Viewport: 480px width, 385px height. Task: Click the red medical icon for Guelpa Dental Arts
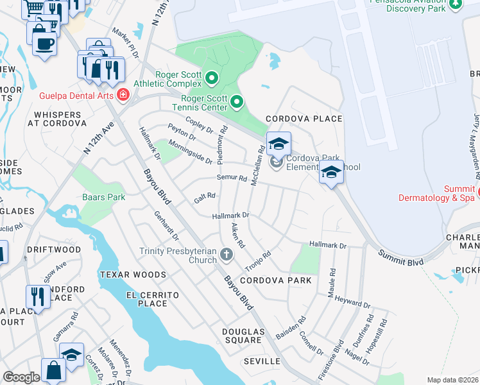click(x=123, y=96)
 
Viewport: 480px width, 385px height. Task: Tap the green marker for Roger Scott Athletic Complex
click(x=212, y=79)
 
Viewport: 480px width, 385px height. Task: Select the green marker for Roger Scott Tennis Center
click(x=237, y=102)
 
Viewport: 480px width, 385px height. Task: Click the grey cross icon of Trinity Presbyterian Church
click(x=226, y=255)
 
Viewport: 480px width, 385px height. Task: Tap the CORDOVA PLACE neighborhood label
click(x=304, y=119)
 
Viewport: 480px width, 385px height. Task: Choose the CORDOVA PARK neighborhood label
click(x=276, y=280)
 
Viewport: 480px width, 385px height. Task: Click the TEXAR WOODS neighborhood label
click(x=128, y=274)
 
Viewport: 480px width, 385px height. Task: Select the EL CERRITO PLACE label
click(x=148, y=298)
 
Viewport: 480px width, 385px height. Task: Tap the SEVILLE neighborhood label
click(x=262, y=362)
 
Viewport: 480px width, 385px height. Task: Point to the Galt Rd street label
click(x=204, y=198)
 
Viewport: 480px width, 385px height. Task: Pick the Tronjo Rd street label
click(x=258, y=262)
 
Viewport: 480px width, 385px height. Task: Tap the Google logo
click(x=21, y=377)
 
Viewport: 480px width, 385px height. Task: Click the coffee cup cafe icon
click(x=44, y=44)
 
